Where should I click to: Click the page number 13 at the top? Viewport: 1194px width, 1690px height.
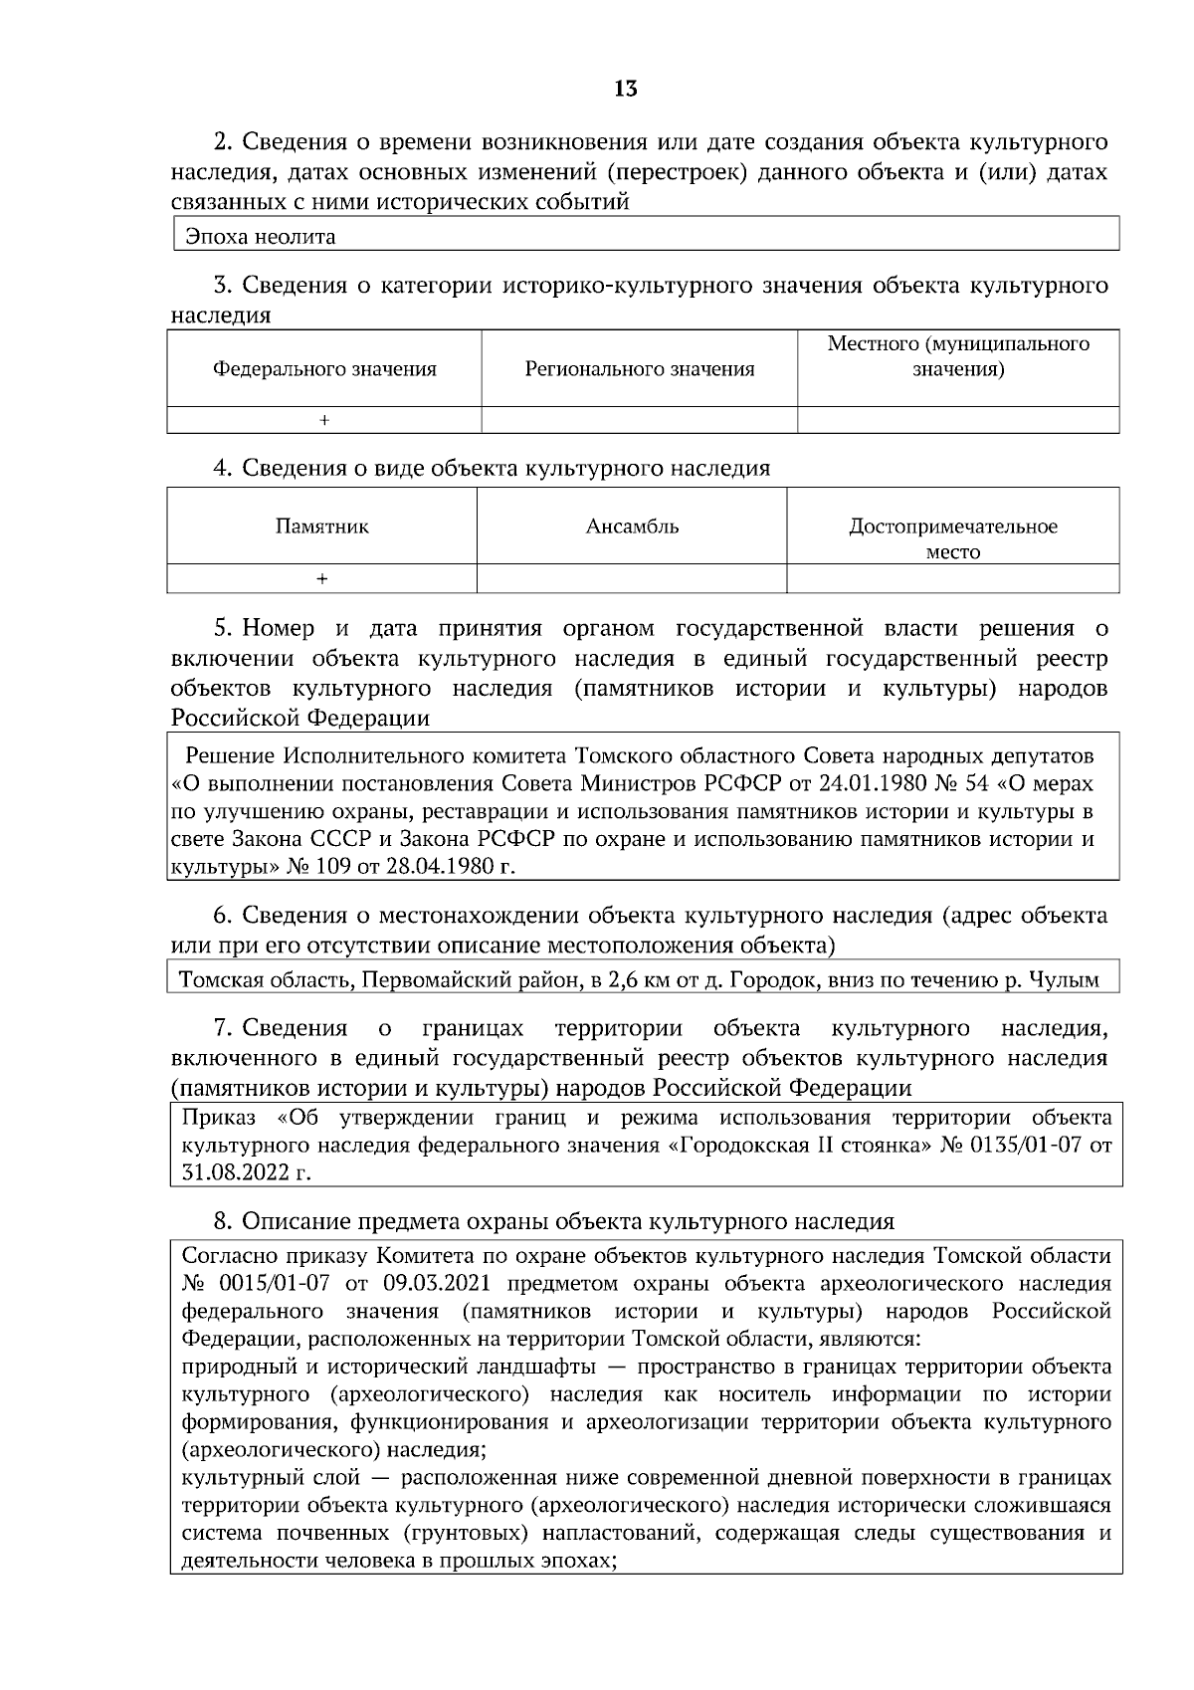click(625, 90)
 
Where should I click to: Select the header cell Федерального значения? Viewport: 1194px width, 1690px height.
click(324, 369)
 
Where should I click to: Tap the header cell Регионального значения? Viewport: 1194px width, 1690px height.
click(640, 369)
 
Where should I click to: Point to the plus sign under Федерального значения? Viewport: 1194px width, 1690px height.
click(324, 421)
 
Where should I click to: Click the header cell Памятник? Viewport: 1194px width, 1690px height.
click(321, 527)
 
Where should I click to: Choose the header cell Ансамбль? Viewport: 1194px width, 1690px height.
click(632, 527)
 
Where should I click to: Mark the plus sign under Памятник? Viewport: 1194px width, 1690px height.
click(321, 578)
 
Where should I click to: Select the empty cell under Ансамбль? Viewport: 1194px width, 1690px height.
click(632, 578)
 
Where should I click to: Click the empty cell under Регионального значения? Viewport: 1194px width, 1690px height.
click(640, 421)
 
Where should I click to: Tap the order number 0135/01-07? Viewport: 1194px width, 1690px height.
click(1015, 1145)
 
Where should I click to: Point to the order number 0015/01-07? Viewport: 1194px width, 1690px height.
click(268, 1283)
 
